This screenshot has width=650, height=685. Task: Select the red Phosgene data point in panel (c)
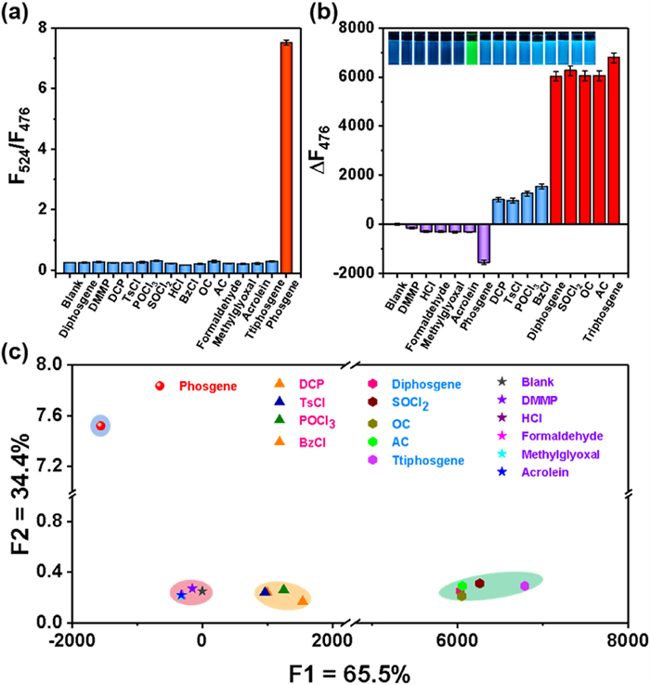[99, 426]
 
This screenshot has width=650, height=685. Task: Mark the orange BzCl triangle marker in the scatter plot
[303, 600]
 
